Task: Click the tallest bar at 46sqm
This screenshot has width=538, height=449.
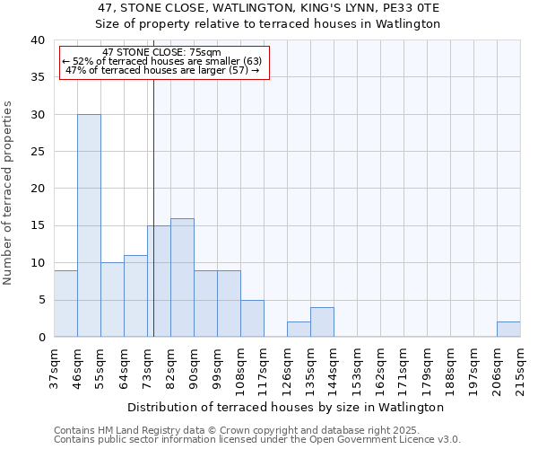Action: pos(89,225)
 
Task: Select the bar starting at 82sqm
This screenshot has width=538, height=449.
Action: pos(182,277)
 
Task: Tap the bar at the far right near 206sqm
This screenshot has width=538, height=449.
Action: pos(508,330)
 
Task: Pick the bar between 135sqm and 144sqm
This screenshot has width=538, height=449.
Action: pos(322,322)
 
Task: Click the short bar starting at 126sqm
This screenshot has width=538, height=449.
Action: pos(299,330)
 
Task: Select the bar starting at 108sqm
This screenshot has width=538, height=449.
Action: pos(252,319)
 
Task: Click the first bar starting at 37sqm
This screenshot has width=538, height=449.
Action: pos(65,304)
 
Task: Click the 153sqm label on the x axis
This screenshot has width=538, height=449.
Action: pos(357,365)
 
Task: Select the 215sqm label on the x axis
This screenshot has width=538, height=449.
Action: pos(520,365)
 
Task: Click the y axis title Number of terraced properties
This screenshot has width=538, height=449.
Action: pos(8,192)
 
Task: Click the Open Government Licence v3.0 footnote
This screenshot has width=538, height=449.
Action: pos(359,439)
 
